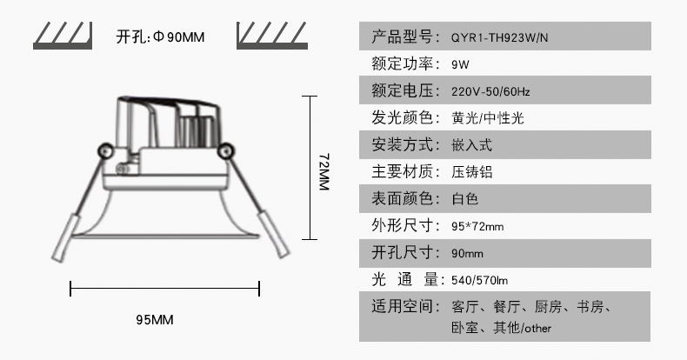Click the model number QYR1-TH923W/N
coord(499,37)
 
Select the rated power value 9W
coord(460,65)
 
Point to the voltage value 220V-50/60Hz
coord(490,91)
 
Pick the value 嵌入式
coord(472,145)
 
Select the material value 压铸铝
coord(472,171)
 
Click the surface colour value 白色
coord(465,199)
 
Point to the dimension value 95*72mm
coord(477,226)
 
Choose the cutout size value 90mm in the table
coord(468,254)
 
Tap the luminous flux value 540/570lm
coord(480,280)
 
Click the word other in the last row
coord(537,328)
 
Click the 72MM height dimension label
coord(323,171)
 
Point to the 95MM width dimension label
coord(155,320)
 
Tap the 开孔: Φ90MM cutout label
coord(160,37)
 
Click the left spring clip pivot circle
coord(105,151)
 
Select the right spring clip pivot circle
coord(225,151)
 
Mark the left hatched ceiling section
coord(63,36)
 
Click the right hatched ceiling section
coord(272,36)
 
